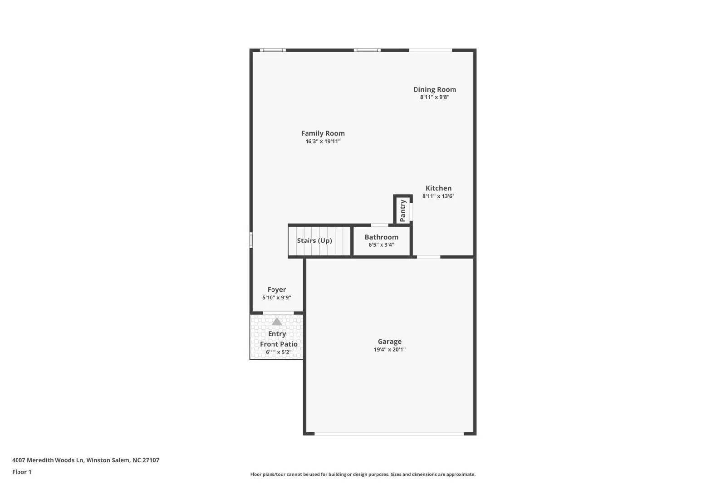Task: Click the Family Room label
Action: point(323,133)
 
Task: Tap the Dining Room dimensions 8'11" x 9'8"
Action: point(434,97)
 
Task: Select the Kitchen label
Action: point(438,188)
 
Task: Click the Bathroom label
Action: point(381,237)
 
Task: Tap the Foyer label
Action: point(276,290)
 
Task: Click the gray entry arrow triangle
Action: point(277,322)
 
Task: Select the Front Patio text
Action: point(279,344)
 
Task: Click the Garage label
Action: point(389,342)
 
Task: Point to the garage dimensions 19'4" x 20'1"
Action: point(389,350)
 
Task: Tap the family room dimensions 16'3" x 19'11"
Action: point(323,142)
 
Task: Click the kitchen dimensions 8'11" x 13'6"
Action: point(438,196)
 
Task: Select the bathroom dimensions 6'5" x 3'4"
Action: point(381,245)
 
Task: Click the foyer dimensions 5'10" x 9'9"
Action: point(276,298)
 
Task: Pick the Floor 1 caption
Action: point(22,472)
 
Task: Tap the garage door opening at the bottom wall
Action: point(389,434)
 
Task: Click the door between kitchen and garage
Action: point(428,257)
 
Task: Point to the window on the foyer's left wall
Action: point(251,240)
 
